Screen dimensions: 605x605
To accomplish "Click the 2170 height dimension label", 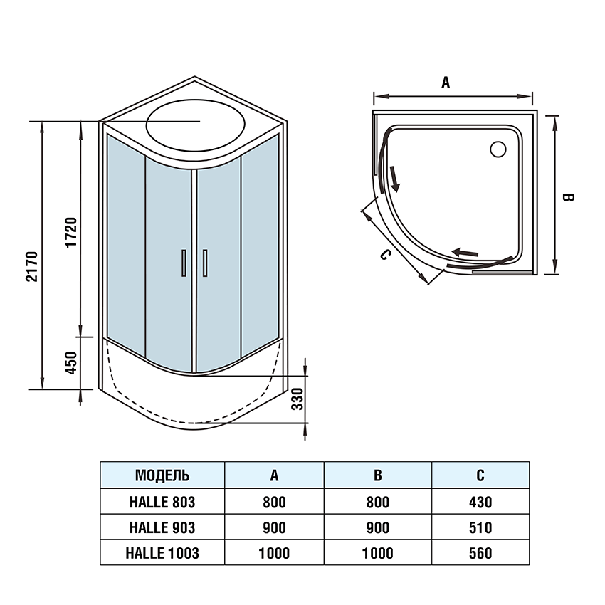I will pyautogui.click(x=32, y=267).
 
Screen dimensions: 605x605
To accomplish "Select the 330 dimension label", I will pyautogui.click(x=298, y=402).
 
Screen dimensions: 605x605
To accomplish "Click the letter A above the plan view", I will pyautogui.click(x=446, y=83).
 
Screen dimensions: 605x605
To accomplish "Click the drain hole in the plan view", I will pyautogui.click(x=498, y=149).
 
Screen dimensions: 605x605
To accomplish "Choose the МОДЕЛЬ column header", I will pyautogui.click(x=162, y=475).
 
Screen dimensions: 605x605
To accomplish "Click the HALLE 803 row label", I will pyautogui.click(x=162, y=502).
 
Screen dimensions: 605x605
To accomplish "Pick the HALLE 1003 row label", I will pyautogui.click(x=162, y=553).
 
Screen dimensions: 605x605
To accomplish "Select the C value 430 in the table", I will pyautogui.click(x=480, y=502).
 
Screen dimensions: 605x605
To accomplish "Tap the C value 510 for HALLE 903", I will pyautogui.click(x=480, y=527).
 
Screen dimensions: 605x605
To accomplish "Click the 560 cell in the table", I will pyautogui.click(x=480, y=553).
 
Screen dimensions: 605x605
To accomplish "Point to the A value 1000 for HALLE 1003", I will pyautogui.click(x=274, y=553).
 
